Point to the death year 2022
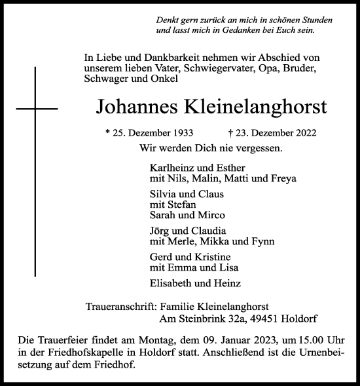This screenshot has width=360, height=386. pos(304,132)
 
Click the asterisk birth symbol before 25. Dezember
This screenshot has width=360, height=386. pos(107,132)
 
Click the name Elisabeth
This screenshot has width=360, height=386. pos(171,283)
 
